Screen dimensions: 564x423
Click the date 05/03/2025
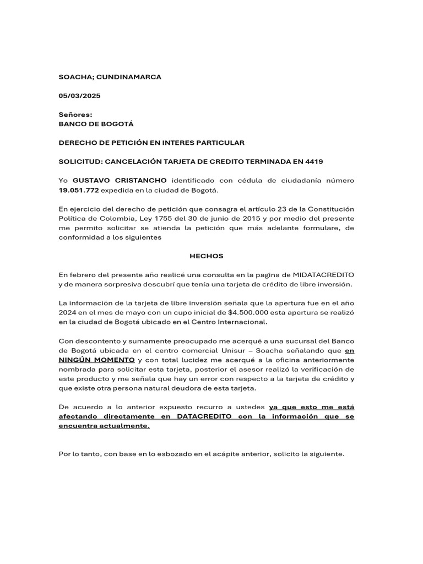tap(80, 96)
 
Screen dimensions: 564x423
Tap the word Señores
tap(75, 115)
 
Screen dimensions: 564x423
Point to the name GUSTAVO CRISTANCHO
tap(120, 181)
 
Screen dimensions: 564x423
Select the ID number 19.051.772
tap(79, 190)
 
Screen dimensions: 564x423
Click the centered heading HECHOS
tap(207, 256)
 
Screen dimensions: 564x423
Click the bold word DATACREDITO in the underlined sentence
tap(206, 416)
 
